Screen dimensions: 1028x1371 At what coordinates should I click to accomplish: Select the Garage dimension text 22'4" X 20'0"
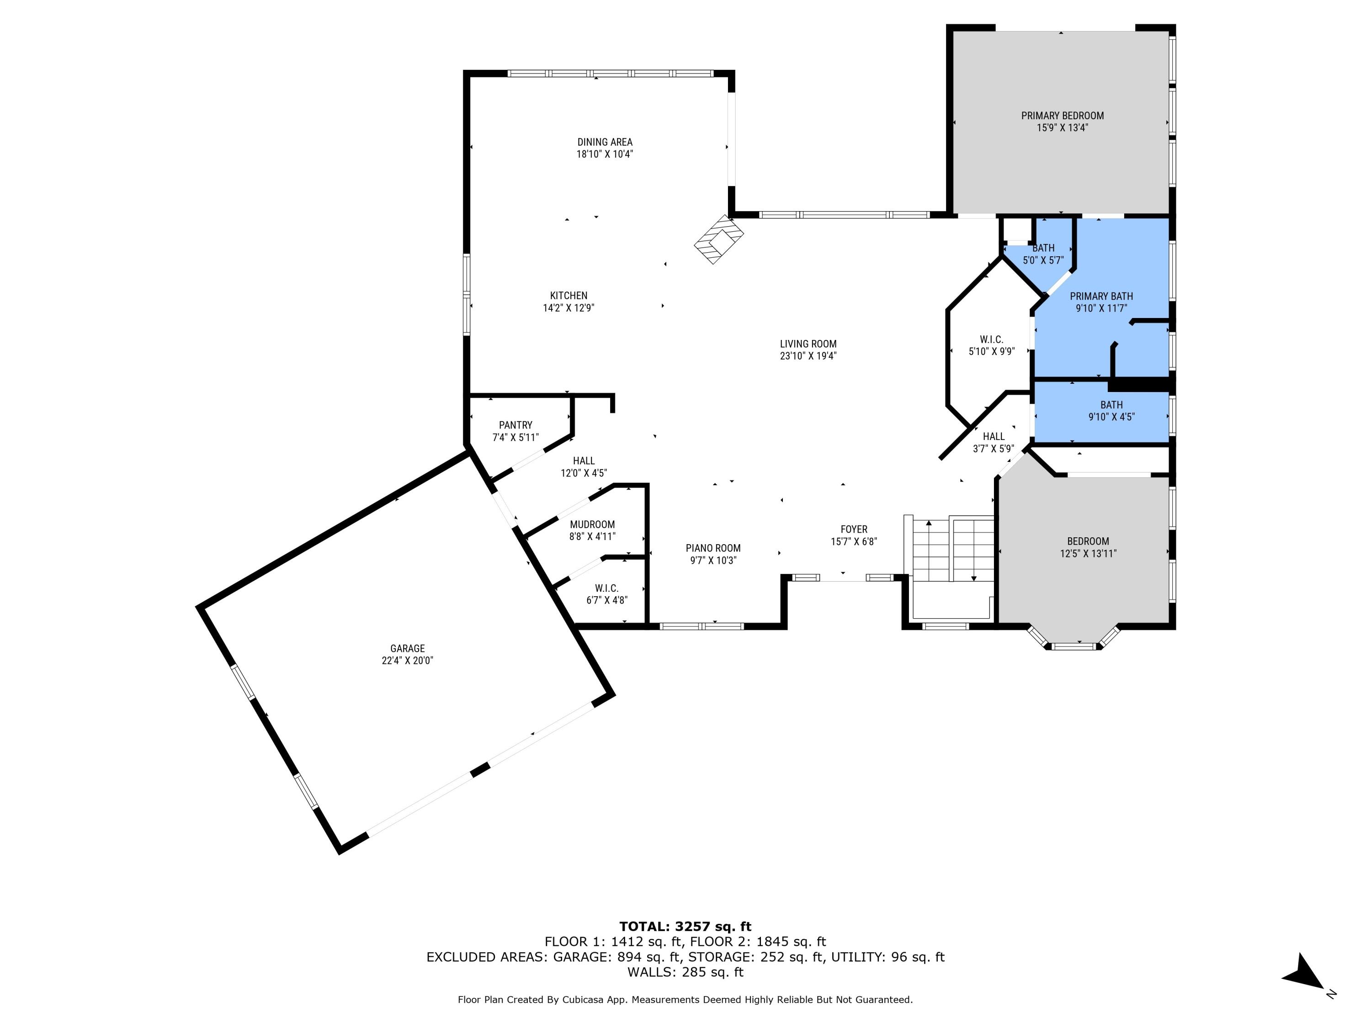tap(407, 661)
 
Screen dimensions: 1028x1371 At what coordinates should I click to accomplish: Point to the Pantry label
tap(515, 425)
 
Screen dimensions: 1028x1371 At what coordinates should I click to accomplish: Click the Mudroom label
tap(592, 524)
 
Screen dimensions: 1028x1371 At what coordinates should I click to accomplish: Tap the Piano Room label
tap(713, 548)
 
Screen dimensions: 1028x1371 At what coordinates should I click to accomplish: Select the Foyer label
tap(854, 529)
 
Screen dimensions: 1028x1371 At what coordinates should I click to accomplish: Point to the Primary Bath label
tap(1101, 296)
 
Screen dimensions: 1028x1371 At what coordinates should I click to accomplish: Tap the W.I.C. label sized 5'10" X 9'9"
tap(991, 339)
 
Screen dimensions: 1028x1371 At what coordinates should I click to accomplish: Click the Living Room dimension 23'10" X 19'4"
tap(808, 355)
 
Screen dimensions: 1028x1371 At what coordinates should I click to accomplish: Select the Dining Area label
tap(604, 142)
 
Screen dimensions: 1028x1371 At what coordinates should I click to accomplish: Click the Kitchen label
tap(569, 296)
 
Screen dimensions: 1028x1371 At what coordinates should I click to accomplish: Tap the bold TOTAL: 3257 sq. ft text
tap(685, 927)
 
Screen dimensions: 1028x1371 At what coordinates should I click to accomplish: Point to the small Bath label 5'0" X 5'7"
tap(1043, 248)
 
